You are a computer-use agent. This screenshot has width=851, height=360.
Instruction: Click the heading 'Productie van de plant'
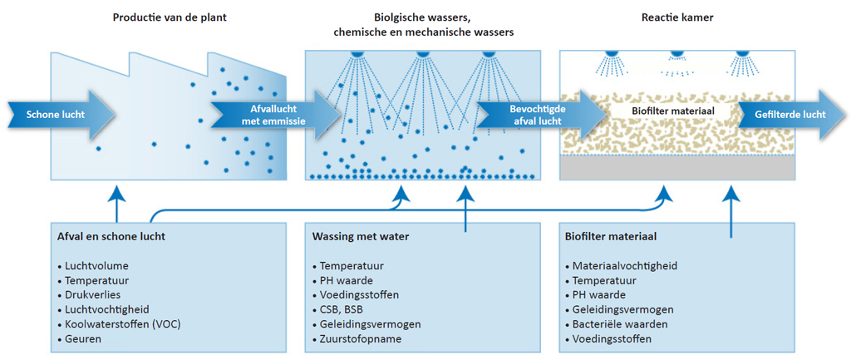170,17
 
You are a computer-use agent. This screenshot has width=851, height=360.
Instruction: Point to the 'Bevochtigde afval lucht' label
538,114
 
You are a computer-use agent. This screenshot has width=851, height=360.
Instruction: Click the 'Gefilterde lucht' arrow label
790,114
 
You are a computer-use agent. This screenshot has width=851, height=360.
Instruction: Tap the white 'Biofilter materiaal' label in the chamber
672,111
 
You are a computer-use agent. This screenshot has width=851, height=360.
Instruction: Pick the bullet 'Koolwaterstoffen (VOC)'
118,325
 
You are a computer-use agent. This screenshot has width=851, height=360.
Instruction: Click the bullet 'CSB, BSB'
339,310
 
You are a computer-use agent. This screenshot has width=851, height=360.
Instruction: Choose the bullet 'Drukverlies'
88,295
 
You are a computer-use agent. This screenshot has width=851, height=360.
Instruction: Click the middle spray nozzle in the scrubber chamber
423,54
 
